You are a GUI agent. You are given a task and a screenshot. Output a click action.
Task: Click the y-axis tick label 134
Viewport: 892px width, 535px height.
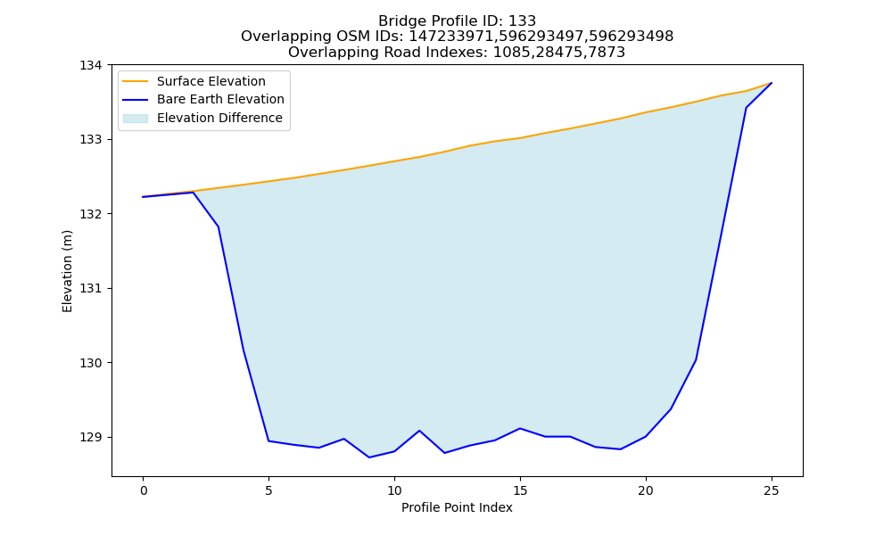click(90, 65)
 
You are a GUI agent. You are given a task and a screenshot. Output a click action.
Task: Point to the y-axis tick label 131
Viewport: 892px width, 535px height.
click(90, 288)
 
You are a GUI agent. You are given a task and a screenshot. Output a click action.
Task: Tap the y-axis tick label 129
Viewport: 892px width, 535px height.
click(90, 437)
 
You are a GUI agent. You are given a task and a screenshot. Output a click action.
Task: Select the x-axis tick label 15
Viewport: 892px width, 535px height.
click(519, 490)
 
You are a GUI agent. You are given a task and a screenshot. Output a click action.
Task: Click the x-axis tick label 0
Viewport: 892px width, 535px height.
click(144, 490)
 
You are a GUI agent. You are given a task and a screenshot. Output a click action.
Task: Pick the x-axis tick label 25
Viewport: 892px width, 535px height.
click(771, 490)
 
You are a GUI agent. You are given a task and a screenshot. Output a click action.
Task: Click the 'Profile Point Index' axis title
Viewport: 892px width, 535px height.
click(457, 507)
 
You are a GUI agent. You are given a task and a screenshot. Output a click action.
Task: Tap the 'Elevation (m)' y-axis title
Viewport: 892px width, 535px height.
click(67, 271)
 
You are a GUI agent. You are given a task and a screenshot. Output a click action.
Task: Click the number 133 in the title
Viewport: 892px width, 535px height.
click(522, 21)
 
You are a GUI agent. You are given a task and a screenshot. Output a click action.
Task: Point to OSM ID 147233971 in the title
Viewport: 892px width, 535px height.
click(450, 37)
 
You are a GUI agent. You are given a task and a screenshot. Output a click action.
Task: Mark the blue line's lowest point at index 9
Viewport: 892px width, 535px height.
click(369, 457)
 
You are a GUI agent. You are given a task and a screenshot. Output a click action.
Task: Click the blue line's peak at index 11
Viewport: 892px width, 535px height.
click(419, 431)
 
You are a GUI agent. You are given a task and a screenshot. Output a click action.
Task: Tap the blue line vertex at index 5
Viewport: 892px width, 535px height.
click(268, 440)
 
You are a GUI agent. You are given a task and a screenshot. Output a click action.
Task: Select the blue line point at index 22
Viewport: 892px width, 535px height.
click(696, 360)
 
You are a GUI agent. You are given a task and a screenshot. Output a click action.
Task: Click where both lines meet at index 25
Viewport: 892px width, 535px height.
click(772, 83)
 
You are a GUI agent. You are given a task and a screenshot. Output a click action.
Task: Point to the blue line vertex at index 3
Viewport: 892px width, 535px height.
click(219, 226)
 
